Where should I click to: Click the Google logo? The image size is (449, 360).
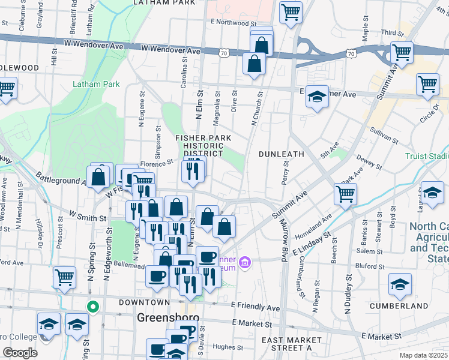point(20,353)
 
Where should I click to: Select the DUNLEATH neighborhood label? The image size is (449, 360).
point(282,154)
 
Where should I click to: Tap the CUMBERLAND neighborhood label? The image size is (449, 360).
point(415,306)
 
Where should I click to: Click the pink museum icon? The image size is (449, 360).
point(244,263)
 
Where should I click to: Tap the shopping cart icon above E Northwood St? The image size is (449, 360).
point(291,11)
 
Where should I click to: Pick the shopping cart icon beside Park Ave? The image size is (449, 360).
point(345,193)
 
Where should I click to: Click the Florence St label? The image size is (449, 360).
point(157,163)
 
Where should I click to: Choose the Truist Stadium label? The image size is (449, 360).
point(426,155)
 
